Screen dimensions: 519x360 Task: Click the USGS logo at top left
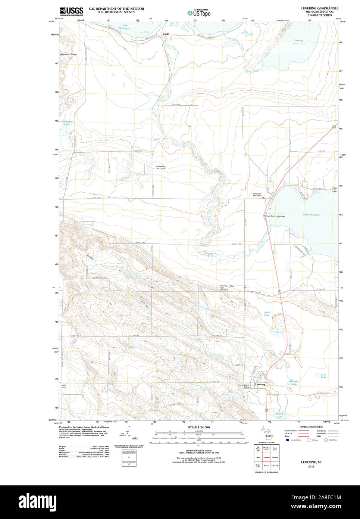71,11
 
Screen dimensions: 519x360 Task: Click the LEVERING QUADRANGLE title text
320,8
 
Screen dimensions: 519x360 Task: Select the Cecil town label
166,34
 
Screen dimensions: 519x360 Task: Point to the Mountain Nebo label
68,55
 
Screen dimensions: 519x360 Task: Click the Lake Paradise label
311,215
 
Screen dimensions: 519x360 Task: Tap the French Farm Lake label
298,42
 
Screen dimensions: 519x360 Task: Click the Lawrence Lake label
67,123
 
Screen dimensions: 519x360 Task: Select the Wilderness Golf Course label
160,167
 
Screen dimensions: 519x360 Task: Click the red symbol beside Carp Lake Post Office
263,197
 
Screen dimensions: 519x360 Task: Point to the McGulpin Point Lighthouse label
273,216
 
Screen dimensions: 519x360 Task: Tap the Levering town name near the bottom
260,384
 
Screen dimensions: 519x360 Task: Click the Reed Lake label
267,314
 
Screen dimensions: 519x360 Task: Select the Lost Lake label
323,376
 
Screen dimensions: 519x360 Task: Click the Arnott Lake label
279,414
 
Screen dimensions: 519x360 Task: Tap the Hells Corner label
64,386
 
